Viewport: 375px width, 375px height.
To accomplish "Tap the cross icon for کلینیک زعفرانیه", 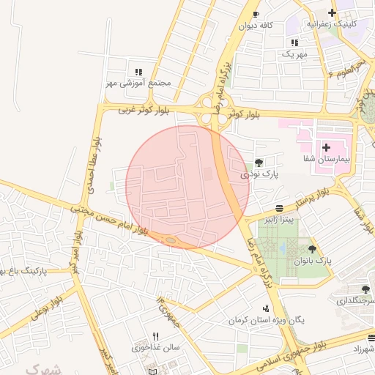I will pyautogui.click(x=333, y=12).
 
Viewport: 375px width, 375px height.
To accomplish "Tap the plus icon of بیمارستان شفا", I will pyautogui.click(x=326, y=148).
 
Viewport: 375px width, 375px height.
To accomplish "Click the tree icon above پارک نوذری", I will pyautogui.click(x=259, y=163).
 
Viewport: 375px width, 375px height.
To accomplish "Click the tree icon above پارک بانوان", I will pyautogui.click(x=312, y=250).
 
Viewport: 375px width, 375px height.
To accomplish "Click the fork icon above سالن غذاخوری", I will pyautogui.click(x=155, y=336).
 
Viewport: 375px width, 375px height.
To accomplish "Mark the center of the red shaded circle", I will pyautogui.click(x=187, y=187).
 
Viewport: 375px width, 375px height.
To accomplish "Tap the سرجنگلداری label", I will pyautogui.click(x=357, y=301).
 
